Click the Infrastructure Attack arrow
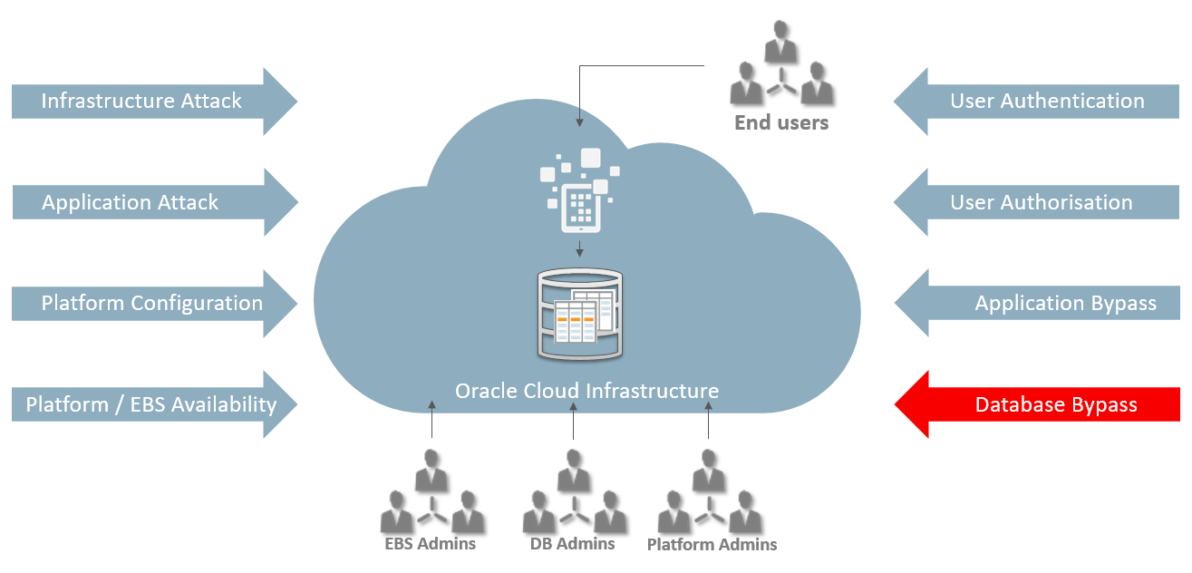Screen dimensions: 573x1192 click(145, 101)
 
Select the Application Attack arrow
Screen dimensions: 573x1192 click(145, 202)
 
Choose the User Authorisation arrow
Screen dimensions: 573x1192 click(1042, 202)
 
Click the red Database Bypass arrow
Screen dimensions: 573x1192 click(1042, 404)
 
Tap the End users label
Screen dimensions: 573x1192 click(781, 122)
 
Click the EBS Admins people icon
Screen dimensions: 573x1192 click(431, 498)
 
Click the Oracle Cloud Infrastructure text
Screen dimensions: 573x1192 click(586, 391)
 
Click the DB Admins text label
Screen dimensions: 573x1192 click(573, 544)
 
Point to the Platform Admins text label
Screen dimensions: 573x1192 click(712, 545)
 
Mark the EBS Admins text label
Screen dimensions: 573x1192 click(431, 544)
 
